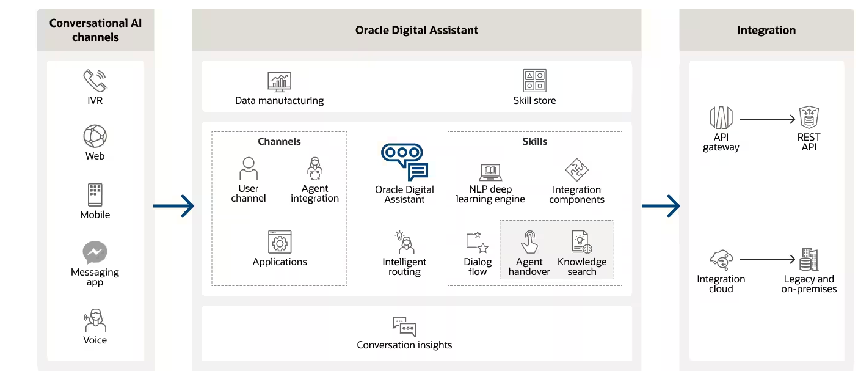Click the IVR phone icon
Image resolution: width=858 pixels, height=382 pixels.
pos(95,80)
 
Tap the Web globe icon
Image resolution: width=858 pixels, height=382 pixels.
pos(95,136)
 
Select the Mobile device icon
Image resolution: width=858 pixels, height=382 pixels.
pos(95,194)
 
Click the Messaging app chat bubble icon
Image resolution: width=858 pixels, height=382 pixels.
pos(95,252)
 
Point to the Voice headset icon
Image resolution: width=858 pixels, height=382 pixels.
pos(95,320)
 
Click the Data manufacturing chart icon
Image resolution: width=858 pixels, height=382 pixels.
pos(279,82)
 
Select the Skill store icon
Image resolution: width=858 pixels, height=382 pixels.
pos(534,81)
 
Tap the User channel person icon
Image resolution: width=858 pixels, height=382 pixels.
pos(248,168)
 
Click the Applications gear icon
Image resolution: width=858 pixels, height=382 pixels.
pos(280,242)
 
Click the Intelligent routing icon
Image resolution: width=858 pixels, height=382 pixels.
pos(404,242)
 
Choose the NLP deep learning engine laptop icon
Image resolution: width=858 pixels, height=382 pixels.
pos(490,172)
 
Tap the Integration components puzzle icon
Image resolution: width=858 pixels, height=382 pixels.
pos(576,171)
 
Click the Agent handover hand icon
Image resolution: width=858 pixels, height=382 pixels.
pos(529,242)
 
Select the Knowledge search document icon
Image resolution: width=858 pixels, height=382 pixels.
pos(582,242)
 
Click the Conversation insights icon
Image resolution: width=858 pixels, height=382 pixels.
pos(404,326)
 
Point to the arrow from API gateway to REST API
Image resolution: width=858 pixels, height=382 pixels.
pos(767,120)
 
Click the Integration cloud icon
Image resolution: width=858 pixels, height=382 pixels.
pos(721,260)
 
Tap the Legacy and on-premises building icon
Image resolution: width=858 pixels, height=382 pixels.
pos(809,260)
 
